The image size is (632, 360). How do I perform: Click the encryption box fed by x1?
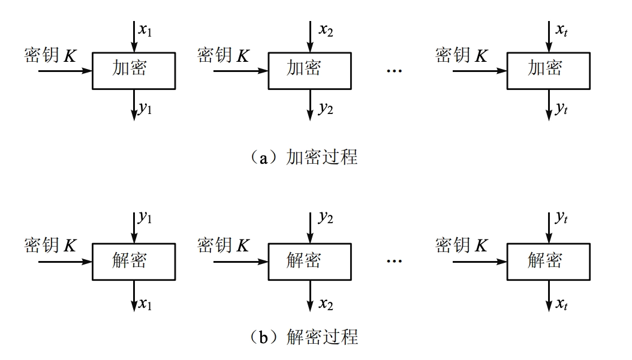coord(133,71)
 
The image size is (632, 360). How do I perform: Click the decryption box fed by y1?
coord(133,262)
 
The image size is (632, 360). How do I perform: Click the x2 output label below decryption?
coord(326,304)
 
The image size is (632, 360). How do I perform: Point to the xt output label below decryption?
coord(562,304)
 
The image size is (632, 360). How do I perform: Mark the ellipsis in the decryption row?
coord(394,262)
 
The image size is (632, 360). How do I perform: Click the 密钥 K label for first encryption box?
coord(51,56)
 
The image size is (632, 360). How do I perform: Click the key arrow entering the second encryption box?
coord(240,71)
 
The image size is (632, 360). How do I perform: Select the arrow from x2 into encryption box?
coord(309,36)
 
